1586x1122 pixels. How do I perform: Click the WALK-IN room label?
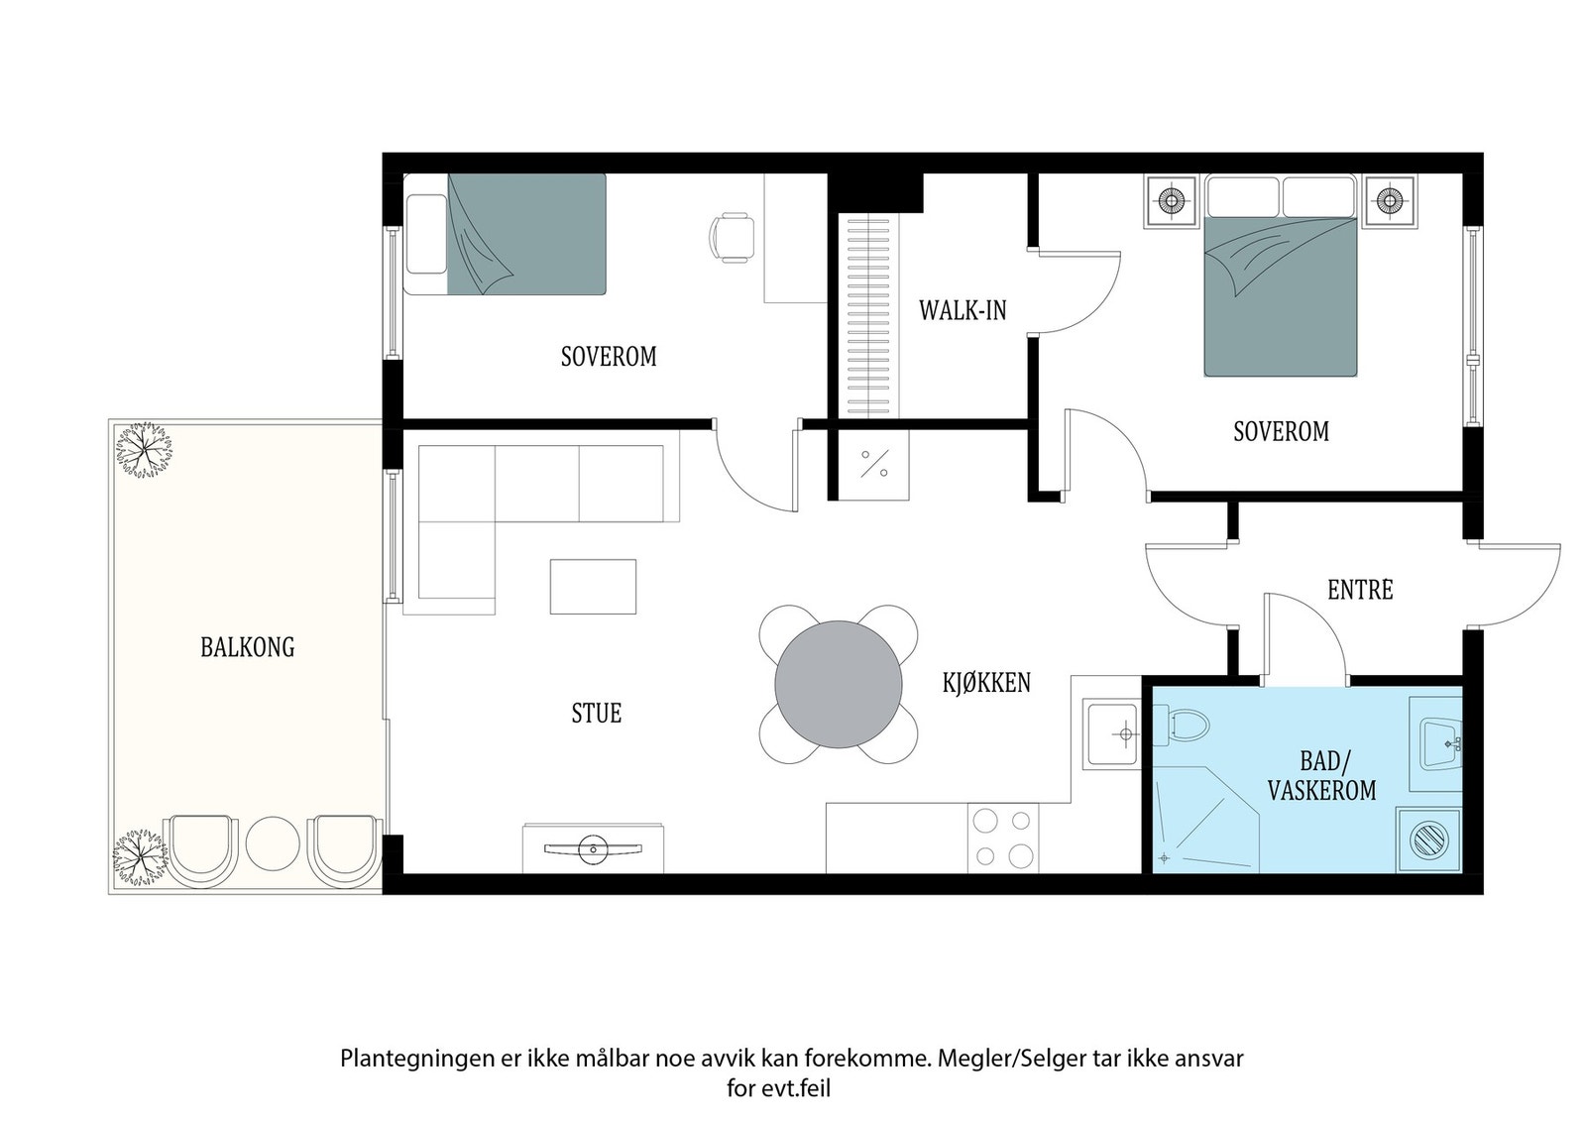tap(963, 310)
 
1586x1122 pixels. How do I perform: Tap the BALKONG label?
tap(247, 647)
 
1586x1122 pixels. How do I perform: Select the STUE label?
tap(596, 713)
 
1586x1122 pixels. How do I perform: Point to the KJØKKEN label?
tap(986, 682)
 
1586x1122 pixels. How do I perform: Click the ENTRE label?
tap(1360, 590)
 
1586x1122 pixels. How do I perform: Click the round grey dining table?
tap(839, 685)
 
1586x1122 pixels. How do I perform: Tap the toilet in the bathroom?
tap(1181, 725)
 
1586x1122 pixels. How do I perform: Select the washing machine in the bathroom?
tap(1428, 841)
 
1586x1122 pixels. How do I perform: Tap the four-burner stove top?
tap(1002, 839)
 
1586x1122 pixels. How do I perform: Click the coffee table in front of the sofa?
tap(593, 586)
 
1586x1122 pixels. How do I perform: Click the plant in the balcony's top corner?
tap(144, 450)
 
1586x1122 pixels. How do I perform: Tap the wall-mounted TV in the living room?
tap(594, 848)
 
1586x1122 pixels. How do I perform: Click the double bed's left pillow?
tap(1243, 197)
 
